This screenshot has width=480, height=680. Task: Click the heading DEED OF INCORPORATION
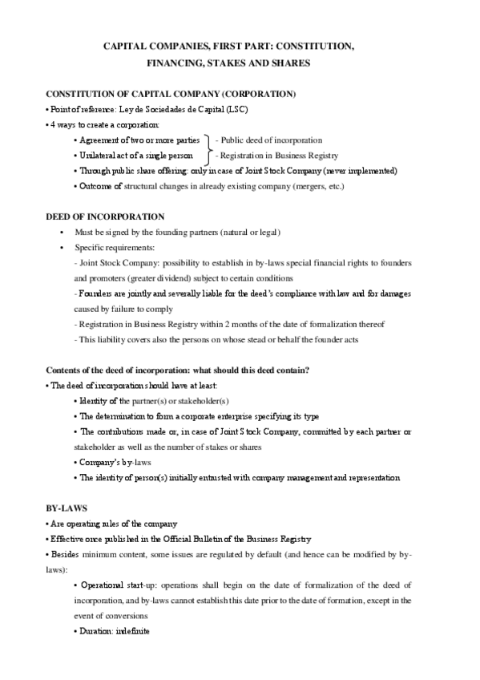(x=106, y=217)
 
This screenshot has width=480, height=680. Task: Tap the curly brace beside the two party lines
(x=210, y=147)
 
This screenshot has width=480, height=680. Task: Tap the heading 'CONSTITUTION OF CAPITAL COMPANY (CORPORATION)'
(x=171, y=94)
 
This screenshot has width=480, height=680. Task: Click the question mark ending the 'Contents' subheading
(x=309, y=370)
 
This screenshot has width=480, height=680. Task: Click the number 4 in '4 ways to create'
(x=52, y=124)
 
